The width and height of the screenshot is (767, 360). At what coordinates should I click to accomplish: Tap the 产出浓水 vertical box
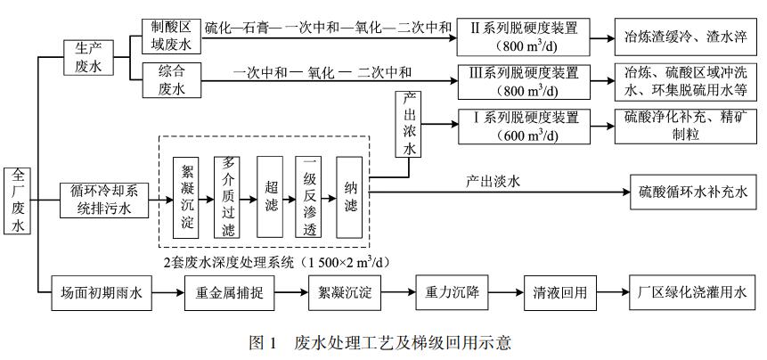point(408,126)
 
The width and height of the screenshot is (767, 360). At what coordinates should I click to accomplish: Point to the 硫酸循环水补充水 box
point(691,192)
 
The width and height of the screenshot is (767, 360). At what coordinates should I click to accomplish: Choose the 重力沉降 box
point(452,291)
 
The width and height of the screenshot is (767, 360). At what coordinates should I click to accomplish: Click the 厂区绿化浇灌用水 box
point(691,291)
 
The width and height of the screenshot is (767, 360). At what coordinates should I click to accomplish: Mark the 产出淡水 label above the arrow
point(492,181)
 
